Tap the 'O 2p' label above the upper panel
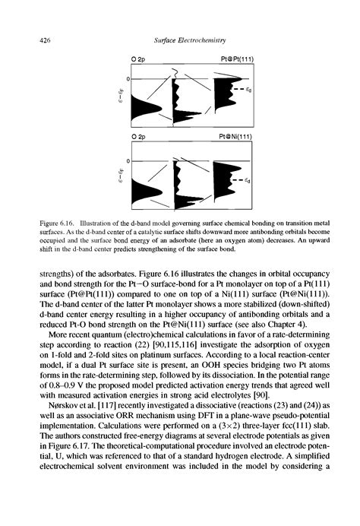(x=131, y=59)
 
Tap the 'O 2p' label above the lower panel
(x=131, y=138)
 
